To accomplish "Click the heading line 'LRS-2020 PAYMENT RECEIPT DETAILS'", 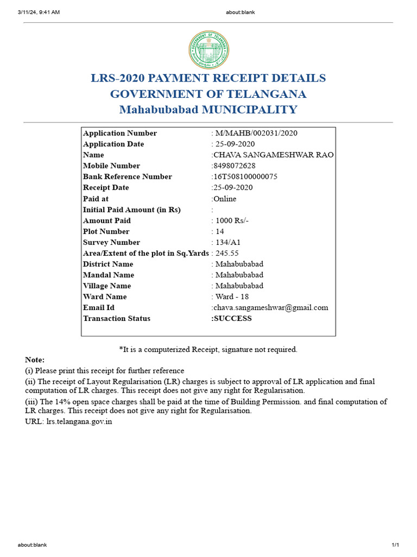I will tap(208, 78).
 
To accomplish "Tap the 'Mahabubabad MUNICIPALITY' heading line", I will tap(208, 110).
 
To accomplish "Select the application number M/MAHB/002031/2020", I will tap(256, 133).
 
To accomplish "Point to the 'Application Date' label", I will tap(113, 144).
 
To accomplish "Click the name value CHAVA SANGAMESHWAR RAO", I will tap(274, 155).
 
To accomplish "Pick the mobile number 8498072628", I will tap(235, 166).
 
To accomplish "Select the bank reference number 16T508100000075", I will tap(245, 177).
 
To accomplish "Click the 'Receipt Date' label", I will tap(106, 188).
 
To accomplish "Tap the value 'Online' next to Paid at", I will tap(225, 199).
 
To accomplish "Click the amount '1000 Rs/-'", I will tap(232, 220).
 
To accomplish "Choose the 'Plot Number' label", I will tap(106, 231).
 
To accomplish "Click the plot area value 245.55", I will tap(227, 253).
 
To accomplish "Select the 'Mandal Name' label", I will tap(109, 275).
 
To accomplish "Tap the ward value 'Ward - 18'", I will tap(232, 296).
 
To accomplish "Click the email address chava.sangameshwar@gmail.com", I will tap(271, 307).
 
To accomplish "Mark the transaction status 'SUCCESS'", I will tap(232, 318).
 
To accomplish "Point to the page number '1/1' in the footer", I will tap(395, 545).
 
